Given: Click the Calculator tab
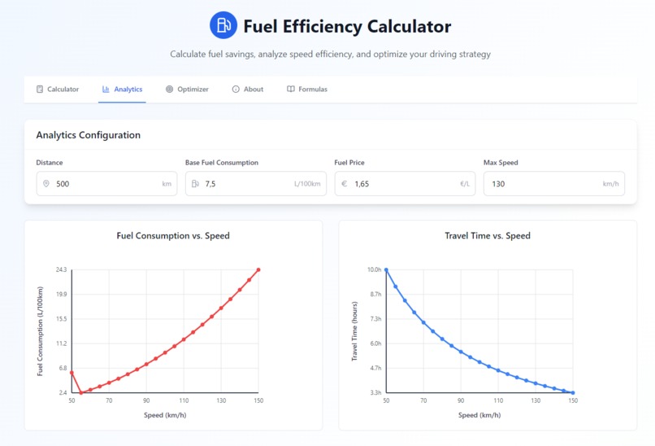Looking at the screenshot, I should click(x=58, y=90).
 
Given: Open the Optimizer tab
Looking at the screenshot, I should click(x=187, y=90).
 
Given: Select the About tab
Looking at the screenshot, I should click(x=248, y=90).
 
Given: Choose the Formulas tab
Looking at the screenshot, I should click(x=307, y=90).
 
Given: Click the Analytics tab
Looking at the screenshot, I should click(x=122, y=90).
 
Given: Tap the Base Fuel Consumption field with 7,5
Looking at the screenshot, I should click(x=244, y=184).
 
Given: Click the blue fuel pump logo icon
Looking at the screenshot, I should click(x=223, y=25).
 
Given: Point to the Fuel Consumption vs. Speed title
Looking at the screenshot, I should click(x=173, y=236).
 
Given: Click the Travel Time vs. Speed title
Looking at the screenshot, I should click(x=488, y=236).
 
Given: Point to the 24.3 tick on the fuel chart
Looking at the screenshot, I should click(x=61, y=269).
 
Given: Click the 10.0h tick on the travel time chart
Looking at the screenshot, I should click(x=374, y=269).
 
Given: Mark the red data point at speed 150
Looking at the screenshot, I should click(x=258, y=269).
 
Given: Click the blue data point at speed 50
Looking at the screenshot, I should click(x=386, y=269).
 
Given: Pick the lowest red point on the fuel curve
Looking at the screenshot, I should click(x=81, y=393).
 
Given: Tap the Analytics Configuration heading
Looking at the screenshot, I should click(x=89, y=135).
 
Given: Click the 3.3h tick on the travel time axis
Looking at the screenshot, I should click(x=375, y=393).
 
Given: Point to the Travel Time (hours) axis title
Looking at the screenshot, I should click(x=354, y=331).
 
